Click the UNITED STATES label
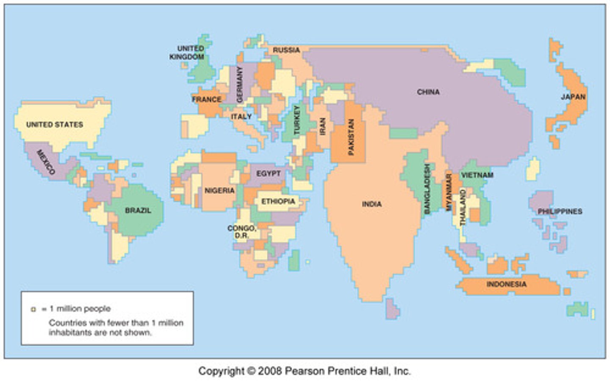coord(55,124)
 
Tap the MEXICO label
coord(46,162)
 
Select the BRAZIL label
coord(138,210)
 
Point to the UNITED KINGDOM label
coord(187,52)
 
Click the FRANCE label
coord(207,99)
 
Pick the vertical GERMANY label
coord(239,84)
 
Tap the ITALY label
coord(241,116)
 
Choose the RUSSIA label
coord(286,50)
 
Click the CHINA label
coord(428,92)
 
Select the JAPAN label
coord(573,97)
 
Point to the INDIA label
coord(372,204)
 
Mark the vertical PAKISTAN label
coord(351,137)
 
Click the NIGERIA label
coord(219,191)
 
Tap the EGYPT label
coord(269,173)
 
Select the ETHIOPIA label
coord(278,201)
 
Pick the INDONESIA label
coord(506,284)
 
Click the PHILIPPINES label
coord(560,211)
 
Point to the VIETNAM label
coord(477,175)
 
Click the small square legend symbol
coord(33,309)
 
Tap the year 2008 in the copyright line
coord(270,371)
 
